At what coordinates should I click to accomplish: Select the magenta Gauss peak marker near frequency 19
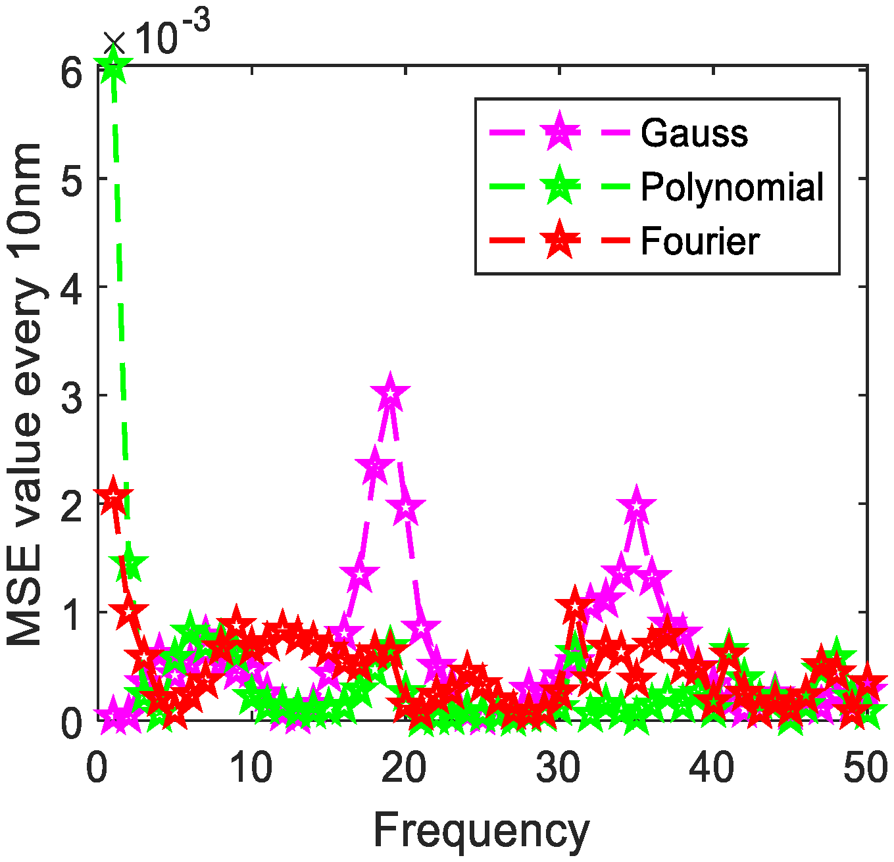tap(391, 395)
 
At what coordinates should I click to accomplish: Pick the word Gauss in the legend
tap(694, 133)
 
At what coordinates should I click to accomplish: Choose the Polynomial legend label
tap(732, 187)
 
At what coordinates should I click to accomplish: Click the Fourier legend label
tap(700, 241)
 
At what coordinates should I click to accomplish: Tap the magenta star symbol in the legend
tap(559, 132)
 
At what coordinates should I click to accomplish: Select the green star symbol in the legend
tap(559, 186)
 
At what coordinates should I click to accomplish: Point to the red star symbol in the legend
tap(559, 240)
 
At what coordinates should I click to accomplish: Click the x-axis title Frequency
tap(481, 831)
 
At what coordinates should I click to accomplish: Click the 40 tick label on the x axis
tap(712, 768)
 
